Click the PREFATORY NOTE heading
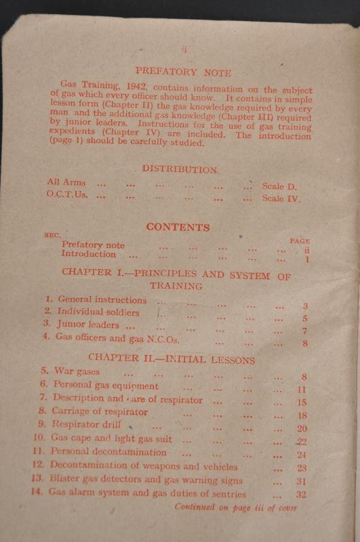click(x=183, y=71)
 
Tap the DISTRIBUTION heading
click(x=180, y=169)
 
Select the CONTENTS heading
click(x=178, y=228)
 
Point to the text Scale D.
click(x=279, y=186)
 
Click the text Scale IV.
click(x=281, y=199)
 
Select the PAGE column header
click(x=299, y=241)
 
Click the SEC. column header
click(x=53, y=234)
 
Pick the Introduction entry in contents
click(x=89, y=255)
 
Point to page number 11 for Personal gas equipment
click(x=302, y=390)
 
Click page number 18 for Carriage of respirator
click(x=302, y=415)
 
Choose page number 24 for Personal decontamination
click(x=302, y=455)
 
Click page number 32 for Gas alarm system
click(x=302, y=495)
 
